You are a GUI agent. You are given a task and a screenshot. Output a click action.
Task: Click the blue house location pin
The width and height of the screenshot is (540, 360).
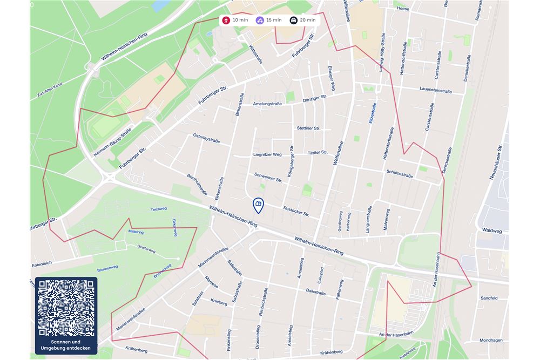[258, 205]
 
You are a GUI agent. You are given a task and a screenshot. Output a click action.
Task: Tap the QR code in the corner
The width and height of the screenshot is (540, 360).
[66, 308]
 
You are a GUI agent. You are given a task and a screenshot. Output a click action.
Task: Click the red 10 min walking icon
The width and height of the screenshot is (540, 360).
[226, 21]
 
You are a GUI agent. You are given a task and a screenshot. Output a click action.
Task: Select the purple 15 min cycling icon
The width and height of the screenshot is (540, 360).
[260, 21]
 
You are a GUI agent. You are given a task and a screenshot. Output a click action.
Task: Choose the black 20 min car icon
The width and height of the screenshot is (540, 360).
[293, 21]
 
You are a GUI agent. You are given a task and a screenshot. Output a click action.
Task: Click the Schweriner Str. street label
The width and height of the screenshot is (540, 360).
[268, 177]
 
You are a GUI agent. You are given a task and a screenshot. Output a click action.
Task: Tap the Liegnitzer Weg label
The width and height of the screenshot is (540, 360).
[267, 154]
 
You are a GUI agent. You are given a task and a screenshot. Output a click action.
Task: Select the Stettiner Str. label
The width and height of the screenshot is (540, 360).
[308, 128]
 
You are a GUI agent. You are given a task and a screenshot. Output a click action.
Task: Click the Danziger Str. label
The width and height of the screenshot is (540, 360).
[315, 98]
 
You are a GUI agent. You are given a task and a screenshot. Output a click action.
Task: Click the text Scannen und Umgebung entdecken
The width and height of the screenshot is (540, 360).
[66, 345]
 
